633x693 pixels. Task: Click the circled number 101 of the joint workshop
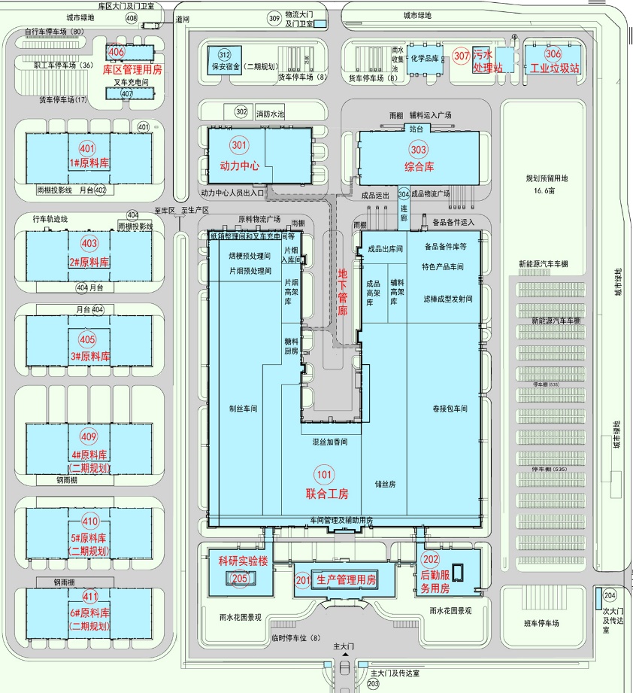[325, 476]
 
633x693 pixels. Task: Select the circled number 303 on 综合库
[419, 150]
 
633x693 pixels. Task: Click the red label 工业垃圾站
[555, 68]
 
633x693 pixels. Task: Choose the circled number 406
[116, 53]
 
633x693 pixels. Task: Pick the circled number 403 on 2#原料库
[89, 243]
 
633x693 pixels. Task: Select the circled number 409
[89, 437]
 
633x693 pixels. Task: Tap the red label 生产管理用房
[346, 579]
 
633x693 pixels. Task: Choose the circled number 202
[431, 559]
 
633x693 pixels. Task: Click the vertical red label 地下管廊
[343, 293]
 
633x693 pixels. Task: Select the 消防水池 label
[271, 114]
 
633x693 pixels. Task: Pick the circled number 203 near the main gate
[374, 685]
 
